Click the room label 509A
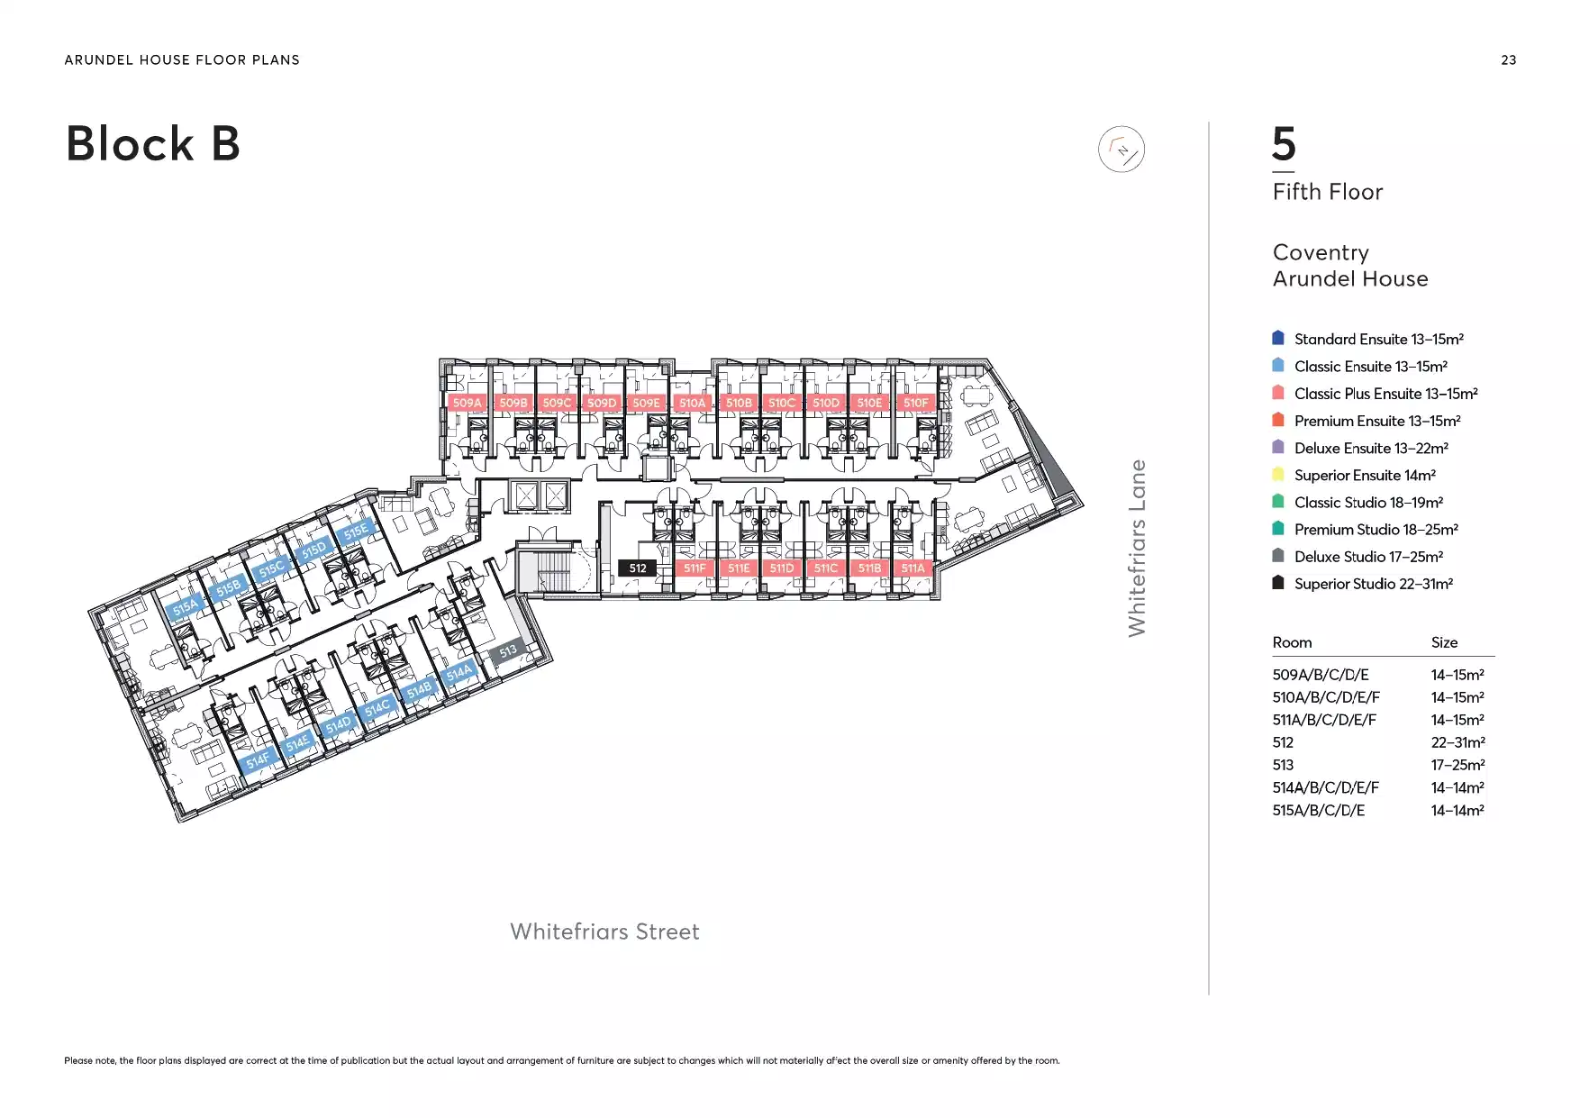coord(467,403)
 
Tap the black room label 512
coord(638,568)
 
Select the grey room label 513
coord(508,650)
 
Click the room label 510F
coord(915,403)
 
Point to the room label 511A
coord(913,568)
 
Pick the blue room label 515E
coord(356,531)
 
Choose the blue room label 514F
coord(258,760)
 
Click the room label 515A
coord(185,608)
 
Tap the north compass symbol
coord(1121,150)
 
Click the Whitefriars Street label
coord(604,932)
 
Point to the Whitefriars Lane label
coord(1137,548)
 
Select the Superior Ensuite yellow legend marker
coord(1277,474)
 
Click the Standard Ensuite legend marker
coord(1277,338)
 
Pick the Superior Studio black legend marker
coord(1277,582)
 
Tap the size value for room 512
coord(1457,742)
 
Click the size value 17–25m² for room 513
coord(1457,765)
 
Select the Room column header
coord(1292,642)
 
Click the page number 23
coord(1509,60)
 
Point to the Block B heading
coord(153,144)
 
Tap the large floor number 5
coord(1284,144)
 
